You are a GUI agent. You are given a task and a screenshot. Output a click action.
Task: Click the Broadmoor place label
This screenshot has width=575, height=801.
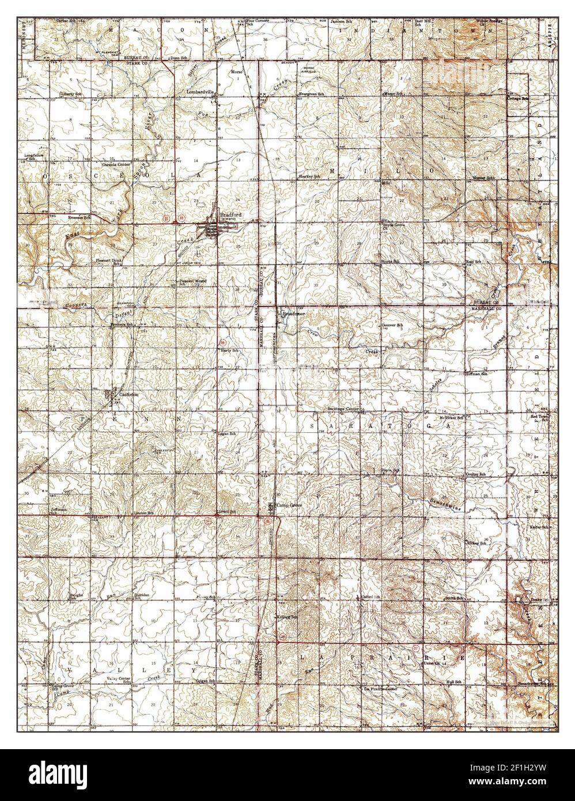292,314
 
